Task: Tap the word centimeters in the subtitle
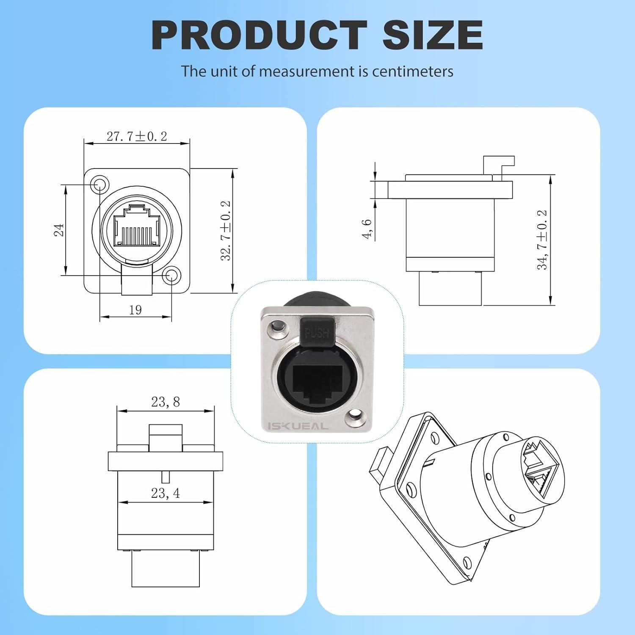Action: point(413,71)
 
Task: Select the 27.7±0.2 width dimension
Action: point(137,136)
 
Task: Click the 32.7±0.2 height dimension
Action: point(226,231)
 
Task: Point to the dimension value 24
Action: point(59,230)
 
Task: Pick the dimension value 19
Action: point(135,310)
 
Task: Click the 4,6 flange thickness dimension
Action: point(367,229)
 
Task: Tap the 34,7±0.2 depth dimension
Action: point(542,240)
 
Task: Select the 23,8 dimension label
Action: point(166,402)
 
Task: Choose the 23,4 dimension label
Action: point(166,493)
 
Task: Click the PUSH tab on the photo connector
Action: point(316,333)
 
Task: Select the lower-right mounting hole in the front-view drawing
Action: point(171,276)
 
